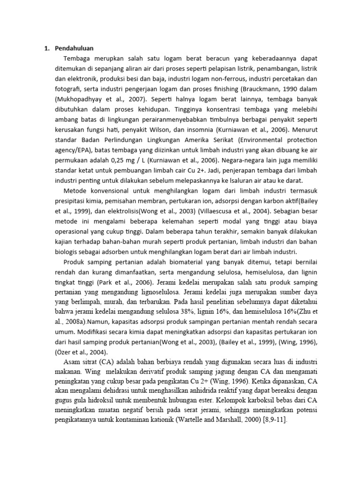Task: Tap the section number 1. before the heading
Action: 47,48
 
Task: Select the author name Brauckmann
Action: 261,89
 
